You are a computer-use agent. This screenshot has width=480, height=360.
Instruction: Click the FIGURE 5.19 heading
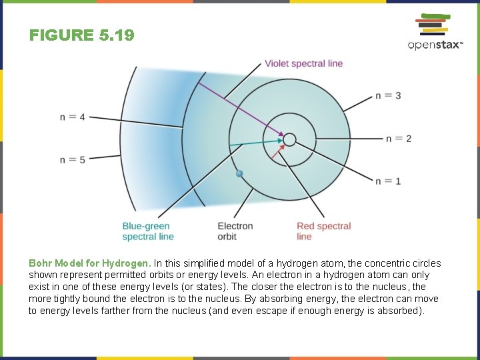81,35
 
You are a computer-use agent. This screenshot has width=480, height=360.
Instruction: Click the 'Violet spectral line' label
303,63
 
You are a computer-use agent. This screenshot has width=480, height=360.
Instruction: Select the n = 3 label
388,95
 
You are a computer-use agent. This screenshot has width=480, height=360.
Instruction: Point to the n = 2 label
399,139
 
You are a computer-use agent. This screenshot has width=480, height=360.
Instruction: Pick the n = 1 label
388,181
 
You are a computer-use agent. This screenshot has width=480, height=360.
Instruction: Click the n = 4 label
73,117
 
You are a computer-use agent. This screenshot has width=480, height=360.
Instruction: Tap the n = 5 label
73,159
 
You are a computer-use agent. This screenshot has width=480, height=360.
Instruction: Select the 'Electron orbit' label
235,231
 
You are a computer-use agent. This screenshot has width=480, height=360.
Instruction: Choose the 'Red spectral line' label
323,231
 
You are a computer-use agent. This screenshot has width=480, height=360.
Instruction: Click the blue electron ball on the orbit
240,173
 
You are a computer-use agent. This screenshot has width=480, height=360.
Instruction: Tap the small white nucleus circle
289,139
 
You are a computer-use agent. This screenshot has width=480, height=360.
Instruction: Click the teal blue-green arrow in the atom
253,143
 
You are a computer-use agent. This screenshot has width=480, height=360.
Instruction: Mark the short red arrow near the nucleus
280,155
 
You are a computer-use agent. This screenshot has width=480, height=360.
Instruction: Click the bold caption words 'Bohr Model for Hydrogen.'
90,263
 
